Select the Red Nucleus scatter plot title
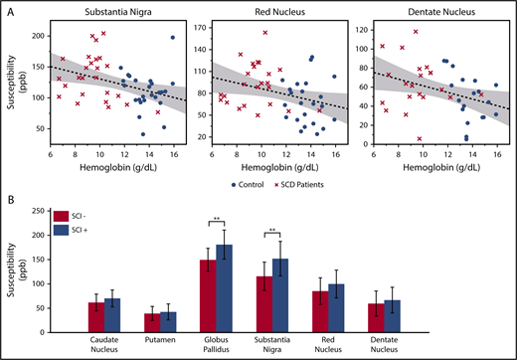(x=268, y=11)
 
